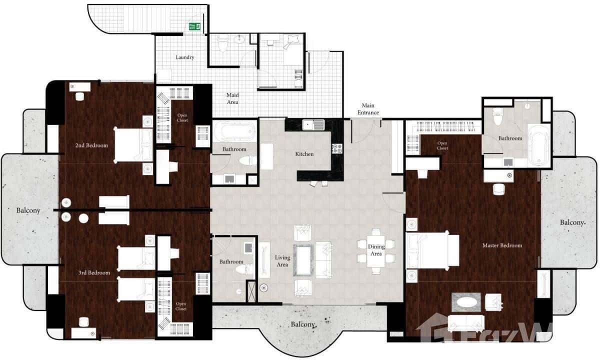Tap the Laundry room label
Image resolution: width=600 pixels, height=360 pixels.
[184, 57]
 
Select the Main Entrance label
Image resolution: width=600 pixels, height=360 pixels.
[369, 109]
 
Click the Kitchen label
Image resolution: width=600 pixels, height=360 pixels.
[304, 154]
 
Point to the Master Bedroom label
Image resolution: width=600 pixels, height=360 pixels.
[502, 245]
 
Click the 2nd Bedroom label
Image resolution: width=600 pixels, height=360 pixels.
[91, 145]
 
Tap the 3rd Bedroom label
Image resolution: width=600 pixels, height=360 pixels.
[94, 273]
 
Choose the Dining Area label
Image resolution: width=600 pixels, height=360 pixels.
[376, 250]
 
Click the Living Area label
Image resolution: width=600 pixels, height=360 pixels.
[282, 261]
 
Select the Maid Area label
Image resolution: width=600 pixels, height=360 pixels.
[232, 98]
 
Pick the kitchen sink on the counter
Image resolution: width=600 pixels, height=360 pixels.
[309, 124]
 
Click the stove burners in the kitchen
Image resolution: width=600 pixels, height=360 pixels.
[337, 148]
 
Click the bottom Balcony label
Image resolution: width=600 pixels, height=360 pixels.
[303, 324]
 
